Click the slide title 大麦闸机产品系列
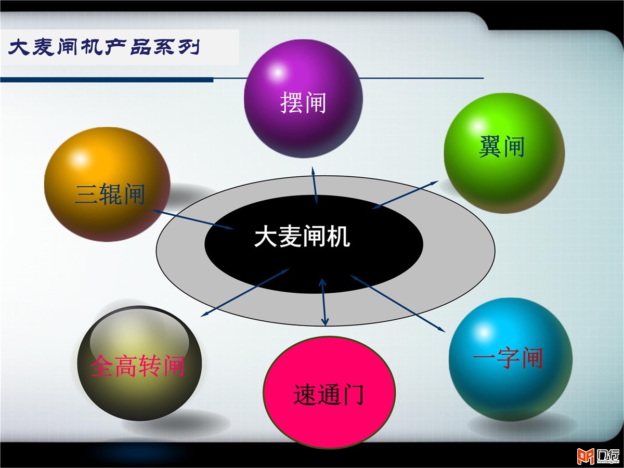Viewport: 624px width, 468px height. [x=104, y=47]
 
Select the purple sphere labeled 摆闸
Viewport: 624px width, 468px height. [x=303, y=98]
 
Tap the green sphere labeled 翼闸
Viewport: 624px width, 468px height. [x=504, y=153]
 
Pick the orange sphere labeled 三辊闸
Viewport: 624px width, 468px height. [x=107, y=185]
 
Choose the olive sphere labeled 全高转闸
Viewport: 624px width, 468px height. [x=139, y=363]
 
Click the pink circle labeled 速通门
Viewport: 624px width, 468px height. [x=329, y=392]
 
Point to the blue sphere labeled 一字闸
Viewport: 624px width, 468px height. [x=511, y=359]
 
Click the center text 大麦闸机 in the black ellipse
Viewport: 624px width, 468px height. [x=302, y=237]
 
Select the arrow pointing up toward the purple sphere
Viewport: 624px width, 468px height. [x=315, y=185]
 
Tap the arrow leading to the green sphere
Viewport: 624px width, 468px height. [x=405, y=194]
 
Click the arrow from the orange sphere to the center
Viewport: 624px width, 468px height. [x=193, y=219]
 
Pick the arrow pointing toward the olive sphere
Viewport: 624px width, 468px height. [x=245, y=292]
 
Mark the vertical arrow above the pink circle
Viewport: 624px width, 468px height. [x=323, y=302]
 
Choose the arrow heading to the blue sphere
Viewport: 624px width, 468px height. [x=398, y=303]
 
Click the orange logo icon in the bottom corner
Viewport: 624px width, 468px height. [x=586, y=457]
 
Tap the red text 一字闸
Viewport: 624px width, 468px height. [x=508, y=358]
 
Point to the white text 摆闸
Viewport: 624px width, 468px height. [x=303, y=102]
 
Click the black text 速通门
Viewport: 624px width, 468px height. [x=329, y=394]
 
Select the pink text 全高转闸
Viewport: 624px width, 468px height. [x=138, y=366]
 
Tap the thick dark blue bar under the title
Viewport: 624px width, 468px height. [x=107, y=80]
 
